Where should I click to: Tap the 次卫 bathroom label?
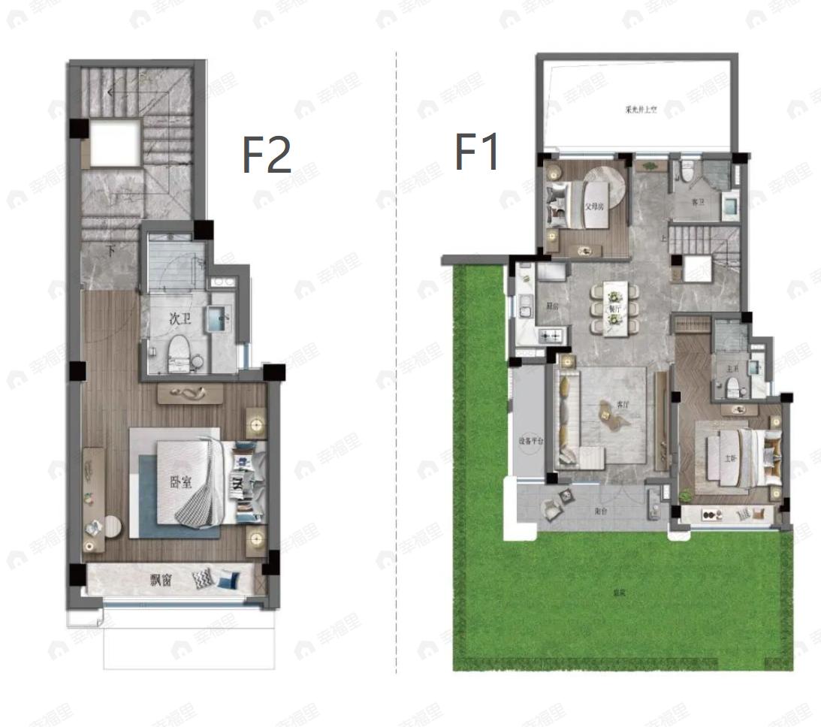[x=180, y=319]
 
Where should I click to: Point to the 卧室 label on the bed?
[x=180, y=481]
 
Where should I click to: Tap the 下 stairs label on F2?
[x=111, y=251]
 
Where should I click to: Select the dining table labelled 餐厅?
[x=614, y=308]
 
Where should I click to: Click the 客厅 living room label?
[x=622, y=404]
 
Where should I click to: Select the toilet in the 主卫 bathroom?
[x=732, y=388]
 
